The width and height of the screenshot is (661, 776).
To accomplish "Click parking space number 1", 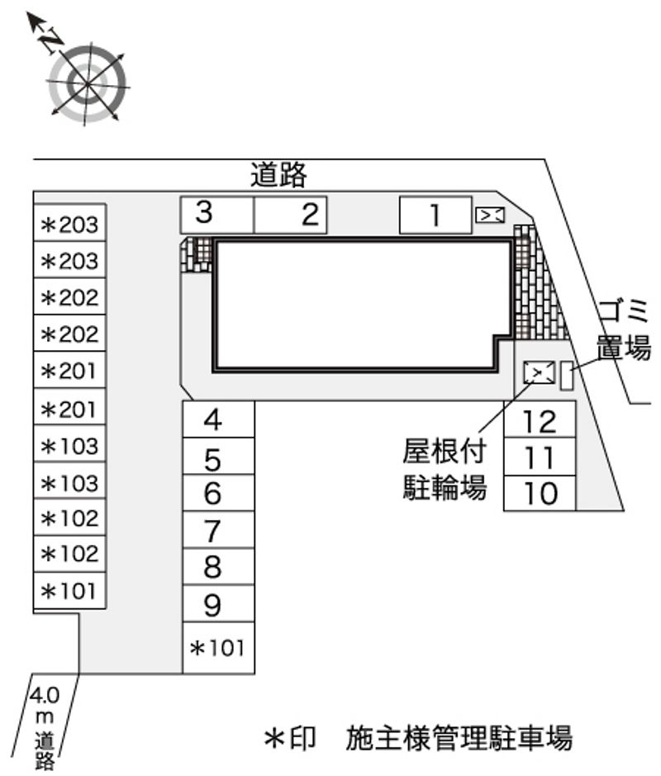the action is tap(435, 215).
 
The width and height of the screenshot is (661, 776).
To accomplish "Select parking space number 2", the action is tap(290, 215).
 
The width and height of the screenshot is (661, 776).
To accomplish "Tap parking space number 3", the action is tap(217, 215).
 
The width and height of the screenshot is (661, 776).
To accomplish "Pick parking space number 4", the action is tap(218, 419).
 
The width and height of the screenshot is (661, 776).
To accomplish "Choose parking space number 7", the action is tap(218, 530).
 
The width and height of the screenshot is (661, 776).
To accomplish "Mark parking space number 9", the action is tap(218, 603).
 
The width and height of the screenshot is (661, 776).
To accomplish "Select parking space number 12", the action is tap(540, 419).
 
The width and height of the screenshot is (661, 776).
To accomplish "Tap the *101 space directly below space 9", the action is tap(218, 648).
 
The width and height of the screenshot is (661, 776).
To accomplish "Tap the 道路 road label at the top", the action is tap(278, 174).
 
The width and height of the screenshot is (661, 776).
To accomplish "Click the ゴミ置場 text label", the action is tap(623, 329).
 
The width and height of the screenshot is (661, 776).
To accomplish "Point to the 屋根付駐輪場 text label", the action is tap(444, 469).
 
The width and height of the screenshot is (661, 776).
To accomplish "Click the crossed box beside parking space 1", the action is tap(490, 215).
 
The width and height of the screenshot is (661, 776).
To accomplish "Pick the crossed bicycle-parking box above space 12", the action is tap(540, 372).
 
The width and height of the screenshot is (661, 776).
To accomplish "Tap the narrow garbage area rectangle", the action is tap(567, 376).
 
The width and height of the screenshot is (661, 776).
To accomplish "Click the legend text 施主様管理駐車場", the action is tap(459, 738).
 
